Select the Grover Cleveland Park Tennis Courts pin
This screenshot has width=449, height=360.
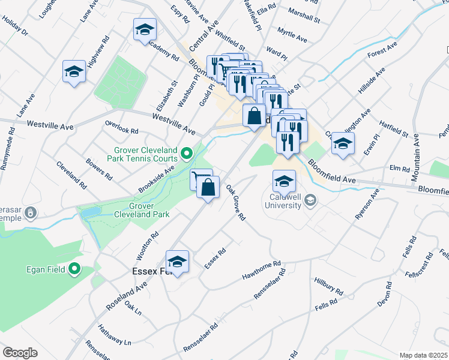point(187,155)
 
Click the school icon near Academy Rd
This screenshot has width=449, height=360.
point(145,29)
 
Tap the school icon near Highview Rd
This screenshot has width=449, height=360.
point(74,73)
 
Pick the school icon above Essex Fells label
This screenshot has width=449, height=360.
point(177,262)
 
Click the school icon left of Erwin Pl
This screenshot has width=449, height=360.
point(343,143)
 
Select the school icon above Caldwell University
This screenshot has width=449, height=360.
point(284,181)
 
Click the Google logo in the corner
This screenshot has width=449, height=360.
point(20,352)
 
